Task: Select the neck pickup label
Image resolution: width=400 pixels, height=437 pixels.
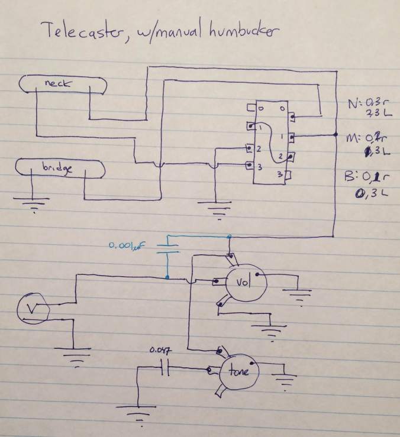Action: click(x=57, y=83)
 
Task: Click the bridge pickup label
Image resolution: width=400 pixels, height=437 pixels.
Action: click(x=57, y=169)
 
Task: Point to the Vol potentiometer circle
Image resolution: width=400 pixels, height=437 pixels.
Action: click(x=243, y=283)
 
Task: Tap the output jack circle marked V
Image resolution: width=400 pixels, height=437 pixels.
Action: click(x=31, y=307)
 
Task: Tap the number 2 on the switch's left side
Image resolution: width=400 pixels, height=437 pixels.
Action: click(x=258, y=148)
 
